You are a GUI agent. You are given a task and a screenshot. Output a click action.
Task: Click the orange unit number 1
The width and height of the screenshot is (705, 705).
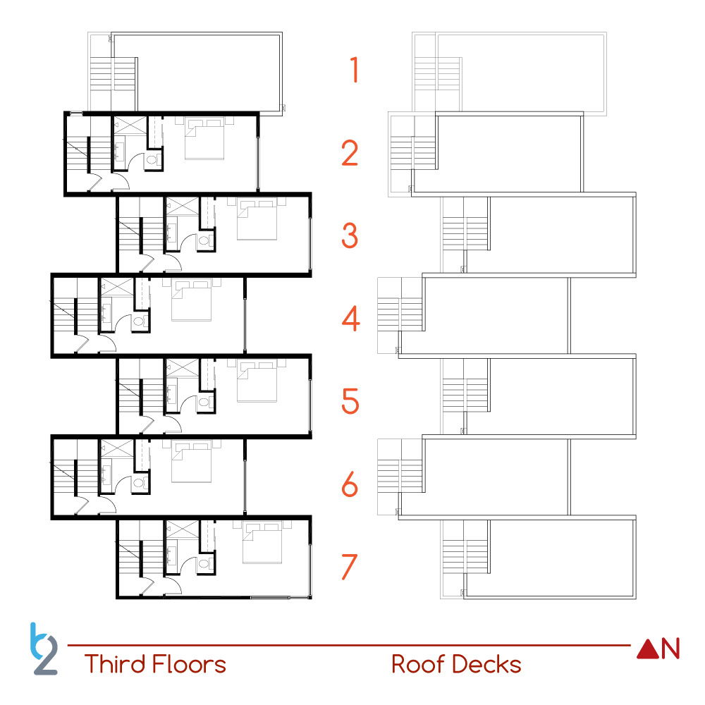(x=354, y=70)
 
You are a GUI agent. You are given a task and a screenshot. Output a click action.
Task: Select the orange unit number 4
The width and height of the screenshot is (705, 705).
(x=350, y=319)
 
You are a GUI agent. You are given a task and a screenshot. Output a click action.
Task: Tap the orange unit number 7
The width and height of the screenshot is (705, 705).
(x=350, y=567)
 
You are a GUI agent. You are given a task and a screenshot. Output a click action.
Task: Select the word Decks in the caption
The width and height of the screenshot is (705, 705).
(x=486, y=664)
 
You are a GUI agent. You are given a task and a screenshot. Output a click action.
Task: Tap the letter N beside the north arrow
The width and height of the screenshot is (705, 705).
(x=670, y=649)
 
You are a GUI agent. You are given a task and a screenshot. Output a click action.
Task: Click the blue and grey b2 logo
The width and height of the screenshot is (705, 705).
(x=44, y=648)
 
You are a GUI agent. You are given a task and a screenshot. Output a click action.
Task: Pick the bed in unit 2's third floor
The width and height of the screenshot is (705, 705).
(x=205, y=139)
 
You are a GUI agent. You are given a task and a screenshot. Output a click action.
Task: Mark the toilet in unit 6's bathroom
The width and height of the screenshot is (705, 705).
(x=139, y=484)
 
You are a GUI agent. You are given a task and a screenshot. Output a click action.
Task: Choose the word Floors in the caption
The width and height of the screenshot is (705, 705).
(x=190, y=664)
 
